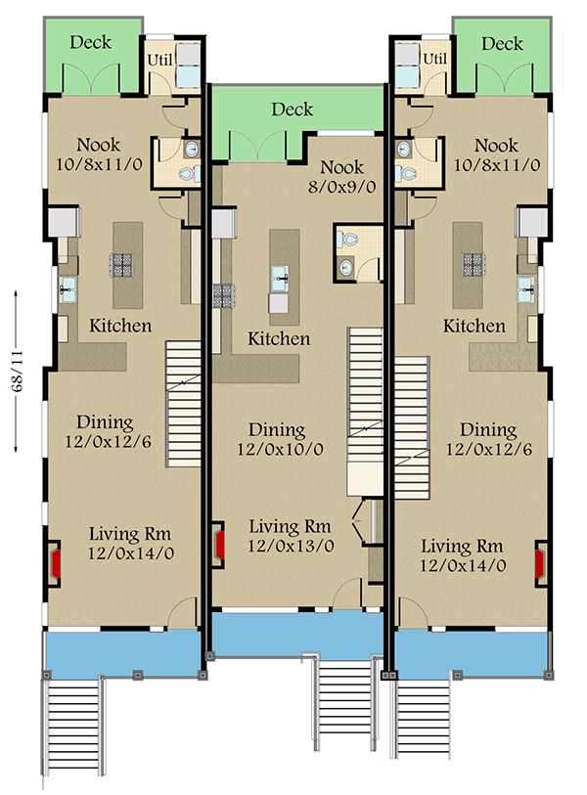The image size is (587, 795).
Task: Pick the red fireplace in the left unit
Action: click(56, 563)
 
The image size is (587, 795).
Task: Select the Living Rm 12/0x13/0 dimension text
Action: click(289, 548)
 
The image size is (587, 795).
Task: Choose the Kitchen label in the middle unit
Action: click(279, 339)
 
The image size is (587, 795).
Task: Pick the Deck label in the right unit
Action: click(503, 44)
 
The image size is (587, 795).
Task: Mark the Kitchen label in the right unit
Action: click(474, 326)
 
